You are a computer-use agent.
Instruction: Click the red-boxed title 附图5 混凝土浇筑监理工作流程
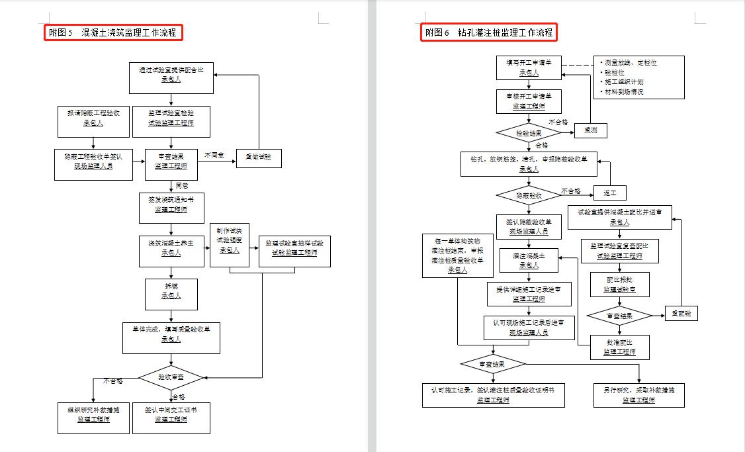(113, 32)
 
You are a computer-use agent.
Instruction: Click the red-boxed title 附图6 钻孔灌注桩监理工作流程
(488, 32)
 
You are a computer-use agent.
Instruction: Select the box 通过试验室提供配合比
(171, 78)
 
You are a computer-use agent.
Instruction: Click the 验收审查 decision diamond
(171, 377)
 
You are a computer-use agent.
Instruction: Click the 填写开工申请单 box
(529, 68)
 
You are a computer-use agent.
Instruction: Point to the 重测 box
(590, 131)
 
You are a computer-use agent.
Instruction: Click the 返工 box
(609, 193)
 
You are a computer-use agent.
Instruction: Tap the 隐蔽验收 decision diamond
(529, 196)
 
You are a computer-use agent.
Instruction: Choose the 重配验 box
(681, 314)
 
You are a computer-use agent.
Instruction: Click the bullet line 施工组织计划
(624, 82)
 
